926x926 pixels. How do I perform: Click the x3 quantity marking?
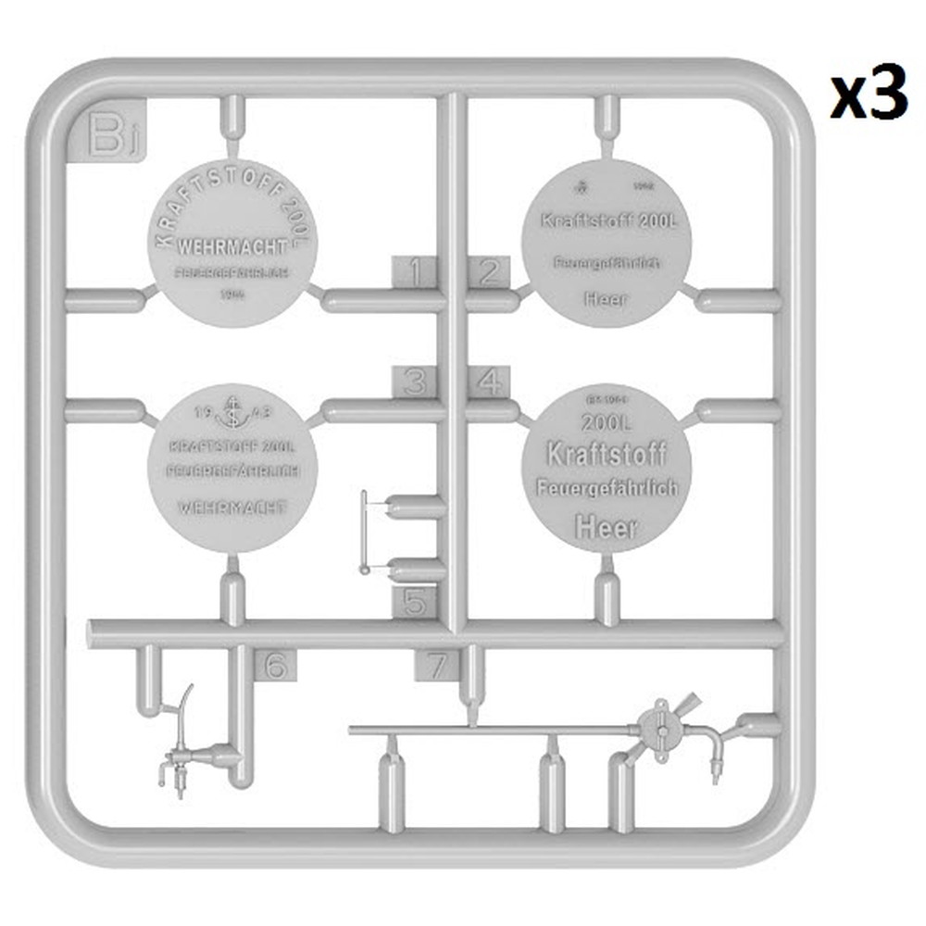[x=868, y=97]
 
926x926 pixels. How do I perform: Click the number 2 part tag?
[x=488, y=272]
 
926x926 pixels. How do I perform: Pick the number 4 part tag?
[x=488, y=382]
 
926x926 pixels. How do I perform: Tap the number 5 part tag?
[x=414, y=604]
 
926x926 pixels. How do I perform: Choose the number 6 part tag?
[x=276, y=665]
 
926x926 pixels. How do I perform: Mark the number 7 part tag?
[x=436, y=665]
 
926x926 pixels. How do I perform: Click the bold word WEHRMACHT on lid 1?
[x=231, y=248]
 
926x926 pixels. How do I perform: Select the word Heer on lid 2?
[x=606, y=298]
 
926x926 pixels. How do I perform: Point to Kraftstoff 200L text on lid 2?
[x=607, y=222]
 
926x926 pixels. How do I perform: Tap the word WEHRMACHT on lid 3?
[x=231, y=507]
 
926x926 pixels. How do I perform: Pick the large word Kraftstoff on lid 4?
[x=607, y=455]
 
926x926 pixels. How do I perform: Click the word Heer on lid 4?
[x=607, y=527]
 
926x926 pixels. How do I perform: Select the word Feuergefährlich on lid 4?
[x=607, y=488]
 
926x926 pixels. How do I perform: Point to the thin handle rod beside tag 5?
[x=364, y=532]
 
